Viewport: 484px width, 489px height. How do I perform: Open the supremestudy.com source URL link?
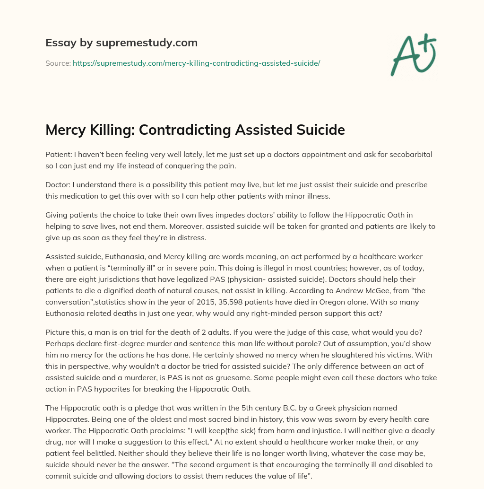point(196,63)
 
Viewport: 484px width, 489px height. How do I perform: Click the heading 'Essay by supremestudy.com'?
point(121,43)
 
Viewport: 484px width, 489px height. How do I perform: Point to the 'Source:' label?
point(58,63)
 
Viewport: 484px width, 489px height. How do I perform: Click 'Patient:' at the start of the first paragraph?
point(60,155)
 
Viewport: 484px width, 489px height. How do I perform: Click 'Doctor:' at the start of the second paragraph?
point(59,184)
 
